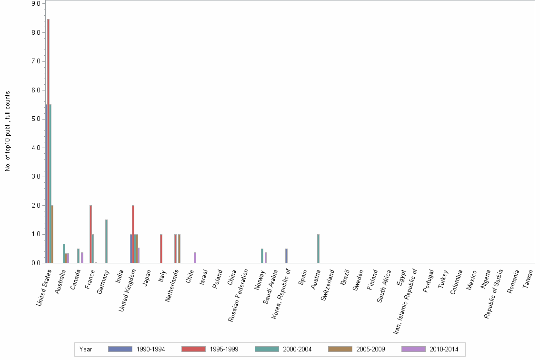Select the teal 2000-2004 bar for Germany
[106, 241]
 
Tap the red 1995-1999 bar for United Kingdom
[133, 234]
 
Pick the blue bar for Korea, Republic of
[286, 256]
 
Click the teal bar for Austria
[318, 249]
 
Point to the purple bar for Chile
[195, 258]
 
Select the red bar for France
[90, 234]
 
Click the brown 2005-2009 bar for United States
[52, 234]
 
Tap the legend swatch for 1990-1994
[120, 349]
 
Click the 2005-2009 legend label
[370, 349]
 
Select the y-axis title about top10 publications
[8, 131]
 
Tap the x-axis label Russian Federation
[239, 295]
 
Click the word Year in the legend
[86, 349]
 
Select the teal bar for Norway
[262, 256]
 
